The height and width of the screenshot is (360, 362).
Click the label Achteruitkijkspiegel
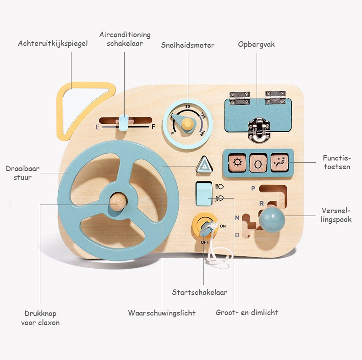(53, 44)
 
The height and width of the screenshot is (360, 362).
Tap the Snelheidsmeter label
(187, 45)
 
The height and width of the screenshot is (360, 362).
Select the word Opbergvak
(256, 44)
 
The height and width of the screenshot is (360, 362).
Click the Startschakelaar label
(199, 292)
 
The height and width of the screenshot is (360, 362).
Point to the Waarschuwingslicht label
(162, 313)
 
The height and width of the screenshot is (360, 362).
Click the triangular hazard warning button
(204, 165)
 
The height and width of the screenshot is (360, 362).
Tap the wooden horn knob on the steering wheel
(118, 202)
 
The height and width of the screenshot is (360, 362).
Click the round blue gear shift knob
(272, 219)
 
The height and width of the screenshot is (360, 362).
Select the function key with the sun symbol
(237, 163)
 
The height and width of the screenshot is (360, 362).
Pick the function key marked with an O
(258, 163)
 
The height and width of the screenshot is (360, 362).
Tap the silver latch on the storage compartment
(259, 130)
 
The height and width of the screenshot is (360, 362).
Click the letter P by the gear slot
(253, 188)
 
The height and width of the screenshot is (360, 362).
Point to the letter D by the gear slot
(237, 235)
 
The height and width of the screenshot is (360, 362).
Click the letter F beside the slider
(154, 127)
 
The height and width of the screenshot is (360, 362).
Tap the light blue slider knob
(124, 122)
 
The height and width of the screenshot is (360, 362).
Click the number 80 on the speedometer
(187, 106)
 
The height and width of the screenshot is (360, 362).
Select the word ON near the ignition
(223, 226)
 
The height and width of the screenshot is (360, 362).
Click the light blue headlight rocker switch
(204, 194)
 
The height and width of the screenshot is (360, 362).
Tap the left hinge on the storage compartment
(239, 98)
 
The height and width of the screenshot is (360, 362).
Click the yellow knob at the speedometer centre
(187, 124)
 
